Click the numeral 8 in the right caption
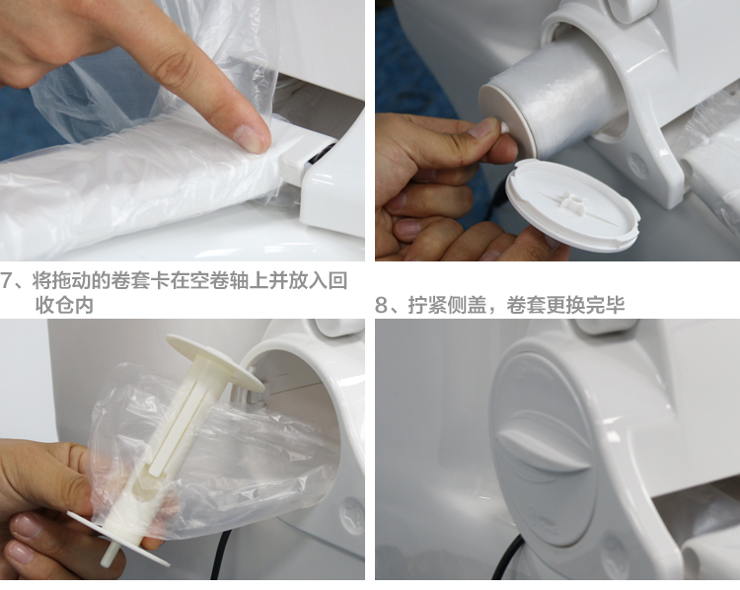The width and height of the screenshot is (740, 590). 382,306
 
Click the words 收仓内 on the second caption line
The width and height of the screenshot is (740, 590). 65,306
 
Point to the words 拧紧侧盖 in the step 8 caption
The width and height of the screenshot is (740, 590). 447,306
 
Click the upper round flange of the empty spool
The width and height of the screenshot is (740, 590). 215,361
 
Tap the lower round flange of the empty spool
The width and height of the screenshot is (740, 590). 118,538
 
